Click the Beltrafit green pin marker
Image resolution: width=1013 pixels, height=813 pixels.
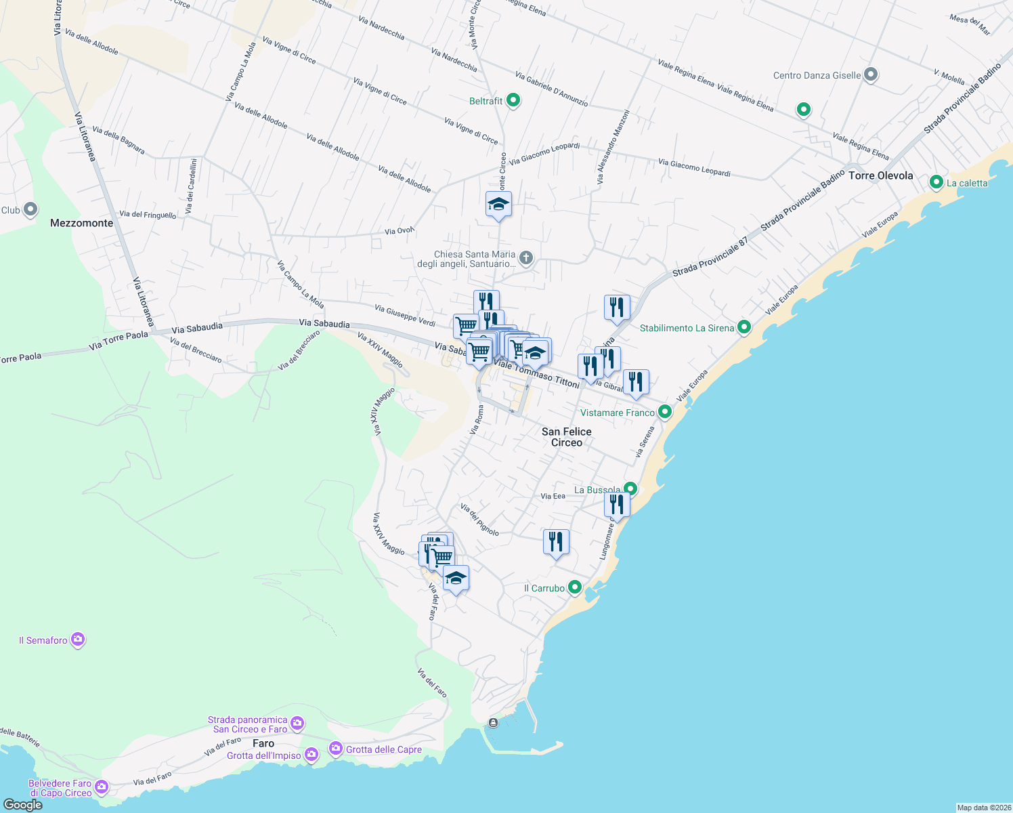(x=513, y=101)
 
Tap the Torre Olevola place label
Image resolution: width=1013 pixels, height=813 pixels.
(x=880, y=175)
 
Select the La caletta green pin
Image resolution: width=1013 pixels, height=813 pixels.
(x=936, y=182)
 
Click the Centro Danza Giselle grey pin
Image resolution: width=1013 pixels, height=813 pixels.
(x=871, y=75)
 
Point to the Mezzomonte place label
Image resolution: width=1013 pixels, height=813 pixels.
(x=82, y=223)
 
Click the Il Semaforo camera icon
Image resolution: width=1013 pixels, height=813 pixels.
(x=78, y=640)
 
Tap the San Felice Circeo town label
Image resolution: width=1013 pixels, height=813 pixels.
(x=567, y=437)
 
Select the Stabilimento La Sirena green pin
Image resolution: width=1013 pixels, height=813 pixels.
(x=744, y=328)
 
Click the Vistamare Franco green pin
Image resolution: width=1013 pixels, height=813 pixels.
(x=665, y=412)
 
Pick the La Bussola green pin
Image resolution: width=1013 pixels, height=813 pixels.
(x=630, y=489)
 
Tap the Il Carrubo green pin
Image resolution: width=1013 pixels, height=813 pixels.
(x=575, y=587)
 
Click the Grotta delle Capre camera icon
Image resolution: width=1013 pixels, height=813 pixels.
(x=335, y=749)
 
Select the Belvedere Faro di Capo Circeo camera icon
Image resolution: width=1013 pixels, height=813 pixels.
(x=102, y=787)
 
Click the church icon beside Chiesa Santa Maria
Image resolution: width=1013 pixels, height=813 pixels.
(x=525, y=258)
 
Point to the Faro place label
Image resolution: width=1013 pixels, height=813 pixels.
(x=263, y=743)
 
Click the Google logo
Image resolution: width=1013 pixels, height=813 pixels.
(x=22, y=805)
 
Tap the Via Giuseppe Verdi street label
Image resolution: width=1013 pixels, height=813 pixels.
(x=405, y=315)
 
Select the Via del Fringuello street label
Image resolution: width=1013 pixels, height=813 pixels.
(x=148, y=215)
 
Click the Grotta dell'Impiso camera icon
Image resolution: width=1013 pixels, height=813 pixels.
(x=311, y=755)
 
